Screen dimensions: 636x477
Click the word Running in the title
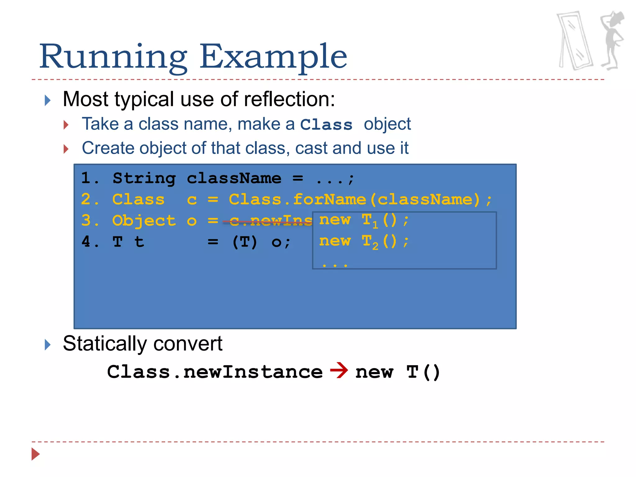[113, 57]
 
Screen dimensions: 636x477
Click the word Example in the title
[273, 57]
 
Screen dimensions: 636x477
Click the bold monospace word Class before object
[326, 125]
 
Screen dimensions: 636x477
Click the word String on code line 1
[144, 179]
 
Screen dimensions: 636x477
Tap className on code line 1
[234, 179]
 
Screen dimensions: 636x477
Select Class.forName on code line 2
[297, 200]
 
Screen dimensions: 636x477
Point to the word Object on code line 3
[144, 221]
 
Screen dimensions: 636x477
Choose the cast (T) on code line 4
[245, 242]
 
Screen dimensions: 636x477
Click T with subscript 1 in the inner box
[370, 220]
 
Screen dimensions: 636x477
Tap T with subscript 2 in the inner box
[370, 242]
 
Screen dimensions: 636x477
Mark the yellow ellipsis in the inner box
[335, 265]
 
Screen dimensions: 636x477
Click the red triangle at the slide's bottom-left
[35, 454]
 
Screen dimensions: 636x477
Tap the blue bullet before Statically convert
[48, 344]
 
